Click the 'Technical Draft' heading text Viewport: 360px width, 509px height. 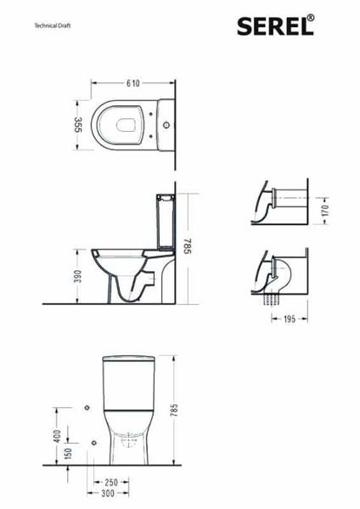[x=53, y=25]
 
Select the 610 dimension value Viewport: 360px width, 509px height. [x=133, y=83]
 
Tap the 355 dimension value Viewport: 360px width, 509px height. [x=78, y=125]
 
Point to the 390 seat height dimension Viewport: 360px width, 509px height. [x=77, y=276]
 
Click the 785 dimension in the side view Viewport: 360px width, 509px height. [x=188, y=246]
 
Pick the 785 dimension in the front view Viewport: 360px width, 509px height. [x=175, y=410]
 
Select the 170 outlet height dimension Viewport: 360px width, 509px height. [x=325, y=211]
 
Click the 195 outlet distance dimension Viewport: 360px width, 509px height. [x=290, y=319]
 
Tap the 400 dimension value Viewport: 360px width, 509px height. [x=57, y=436]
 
